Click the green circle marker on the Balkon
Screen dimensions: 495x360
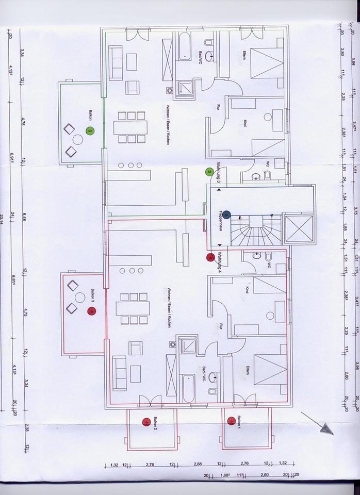point(90,131)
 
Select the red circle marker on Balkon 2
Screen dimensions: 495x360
point(146,421)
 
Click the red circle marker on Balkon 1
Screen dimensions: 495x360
point(231,420)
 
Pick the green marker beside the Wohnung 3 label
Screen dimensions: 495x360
point(209,172)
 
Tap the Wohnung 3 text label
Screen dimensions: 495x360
point(219,173)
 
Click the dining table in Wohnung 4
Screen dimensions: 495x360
point(133,308)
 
